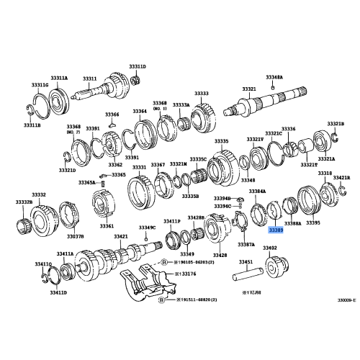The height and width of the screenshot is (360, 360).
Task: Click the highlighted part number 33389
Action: click(276, 231)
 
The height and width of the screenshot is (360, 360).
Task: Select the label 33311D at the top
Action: click(138, 66)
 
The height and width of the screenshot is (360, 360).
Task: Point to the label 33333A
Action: click(180, 104)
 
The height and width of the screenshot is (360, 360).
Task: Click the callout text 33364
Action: click(140, 111)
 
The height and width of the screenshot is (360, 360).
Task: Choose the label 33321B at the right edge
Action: click(336, 124)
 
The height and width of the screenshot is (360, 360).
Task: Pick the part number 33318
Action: click(325, 174)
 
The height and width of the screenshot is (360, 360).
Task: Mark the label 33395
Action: click(312, 223)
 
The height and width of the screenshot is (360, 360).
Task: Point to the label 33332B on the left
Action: click(24, 202)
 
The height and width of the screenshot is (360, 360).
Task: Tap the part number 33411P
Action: click(171, 220)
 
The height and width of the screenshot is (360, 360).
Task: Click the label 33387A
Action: click(246, 244)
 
